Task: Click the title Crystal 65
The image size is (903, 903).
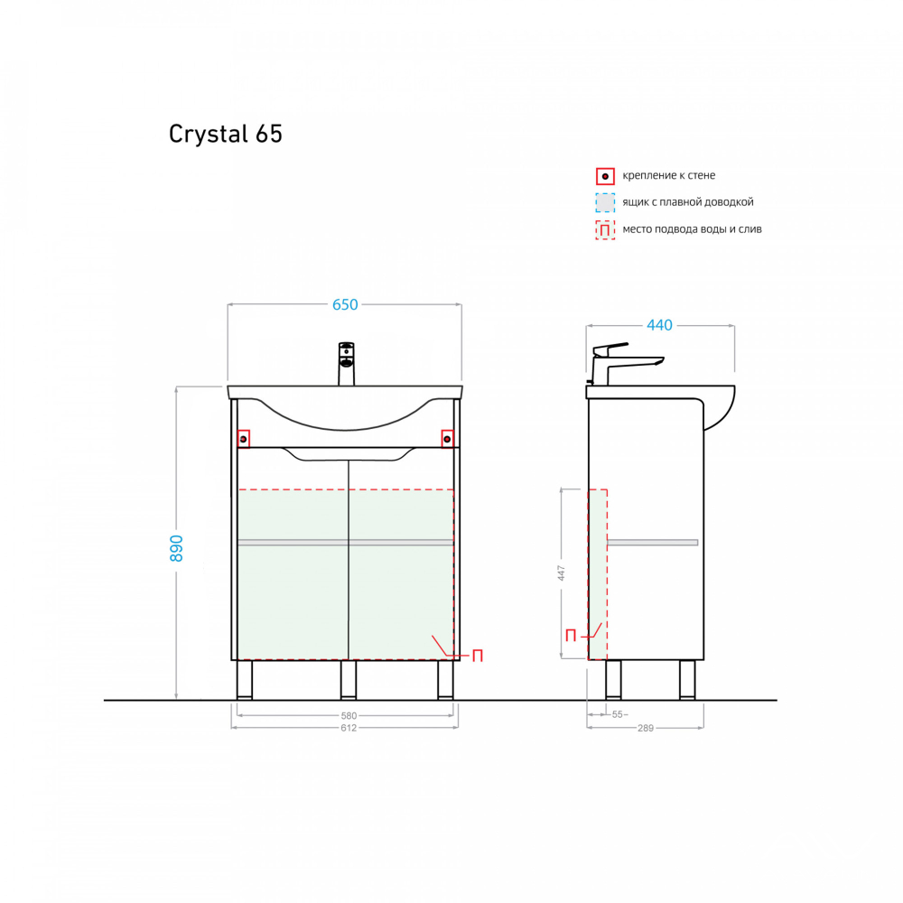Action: click(226, 134)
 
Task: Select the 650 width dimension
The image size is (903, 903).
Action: click(345, 305)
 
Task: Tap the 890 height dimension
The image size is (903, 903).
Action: click(176, 548)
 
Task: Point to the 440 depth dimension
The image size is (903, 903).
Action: click(660, 325)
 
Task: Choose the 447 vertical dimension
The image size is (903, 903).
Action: click(561, 573)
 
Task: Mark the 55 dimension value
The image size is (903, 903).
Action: click(618, 715)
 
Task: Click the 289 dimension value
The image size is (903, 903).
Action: click(645, 728)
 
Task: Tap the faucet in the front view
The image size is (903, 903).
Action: click(346, 363)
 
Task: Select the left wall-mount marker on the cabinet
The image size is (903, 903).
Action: click(243, 439)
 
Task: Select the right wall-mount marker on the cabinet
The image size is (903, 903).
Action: click(447, 439)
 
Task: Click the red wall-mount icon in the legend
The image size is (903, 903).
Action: click(605, 176)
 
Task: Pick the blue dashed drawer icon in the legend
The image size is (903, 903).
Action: click(605, 202)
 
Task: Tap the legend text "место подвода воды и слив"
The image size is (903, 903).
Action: click(692, 229)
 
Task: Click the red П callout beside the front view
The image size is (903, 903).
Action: click(478, 656)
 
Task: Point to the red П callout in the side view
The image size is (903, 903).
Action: click(571, 635)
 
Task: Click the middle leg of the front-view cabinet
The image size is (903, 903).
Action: click(349, 679)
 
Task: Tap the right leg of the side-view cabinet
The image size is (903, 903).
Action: click(687, 679)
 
